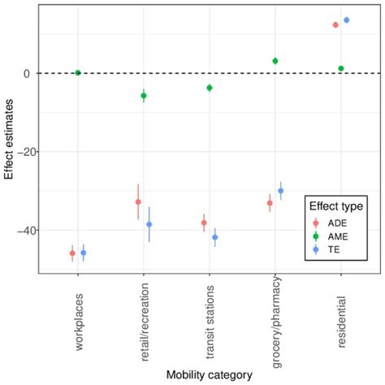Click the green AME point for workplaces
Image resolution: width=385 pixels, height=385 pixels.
[78, 72]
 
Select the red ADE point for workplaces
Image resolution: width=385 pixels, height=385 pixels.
[72, 253]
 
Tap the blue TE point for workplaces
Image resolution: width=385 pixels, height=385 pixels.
[84, 253]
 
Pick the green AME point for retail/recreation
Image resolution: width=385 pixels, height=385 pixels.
[144, 96]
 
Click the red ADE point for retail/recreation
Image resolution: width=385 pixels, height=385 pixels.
[138, 201]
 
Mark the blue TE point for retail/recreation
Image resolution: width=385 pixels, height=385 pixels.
[149, 224]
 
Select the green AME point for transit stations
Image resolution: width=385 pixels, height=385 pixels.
[210, 88]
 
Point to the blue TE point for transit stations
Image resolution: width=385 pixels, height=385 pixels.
[215, 237]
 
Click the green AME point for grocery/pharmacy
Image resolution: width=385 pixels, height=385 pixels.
[275, 61]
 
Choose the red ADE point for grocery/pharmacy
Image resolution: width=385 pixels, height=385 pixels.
[270, 203]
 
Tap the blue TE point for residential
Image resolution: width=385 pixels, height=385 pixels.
[347, 19]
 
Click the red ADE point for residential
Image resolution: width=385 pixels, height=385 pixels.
[335, 25]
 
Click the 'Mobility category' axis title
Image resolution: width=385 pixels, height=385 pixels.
[210, 374]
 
